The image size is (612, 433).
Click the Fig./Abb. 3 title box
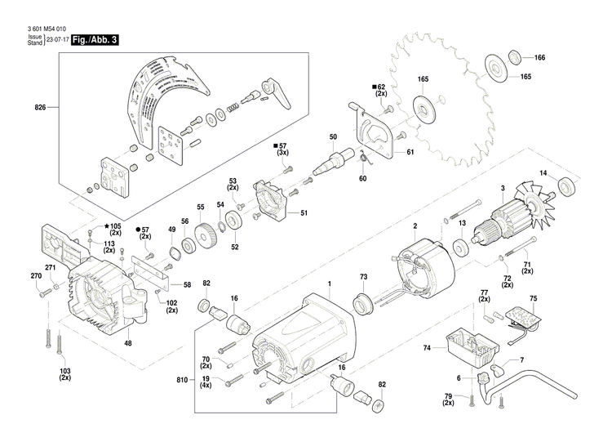coord(95,40)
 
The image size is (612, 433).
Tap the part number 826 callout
coord(40,108)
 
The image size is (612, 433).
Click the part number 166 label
coord(539,58)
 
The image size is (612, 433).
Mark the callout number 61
coord(410,152)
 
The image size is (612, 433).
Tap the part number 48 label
coord(127,344)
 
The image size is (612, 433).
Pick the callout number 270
coord(35,276)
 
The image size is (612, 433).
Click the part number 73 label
coord(364,278)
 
